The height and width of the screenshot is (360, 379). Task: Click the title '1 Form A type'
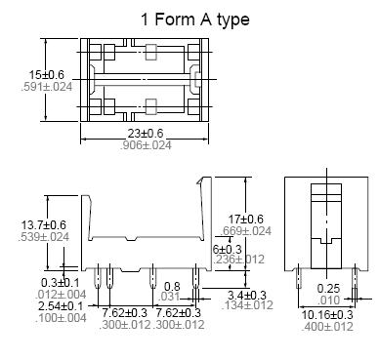pos(195,20)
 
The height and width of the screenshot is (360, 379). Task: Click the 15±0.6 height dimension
pos(47,75)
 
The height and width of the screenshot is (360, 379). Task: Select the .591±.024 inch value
pos(47,87)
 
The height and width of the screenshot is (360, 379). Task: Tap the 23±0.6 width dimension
pos(146,134)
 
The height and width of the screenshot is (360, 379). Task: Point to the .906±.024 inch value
pos(146,145)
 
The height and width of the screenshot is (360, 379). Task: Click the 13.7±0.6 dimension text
pos(44,224)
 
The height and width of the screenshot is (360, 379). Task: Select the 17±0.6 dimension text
pos(246,219)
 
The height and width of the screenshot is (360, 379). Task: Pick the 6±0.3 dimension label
pos(227,249)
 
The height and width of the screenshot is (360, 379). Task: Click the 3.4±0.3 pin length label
pos(247,296)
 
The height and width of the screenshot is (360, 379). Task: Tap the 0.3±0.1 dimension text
pos(61,282)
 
